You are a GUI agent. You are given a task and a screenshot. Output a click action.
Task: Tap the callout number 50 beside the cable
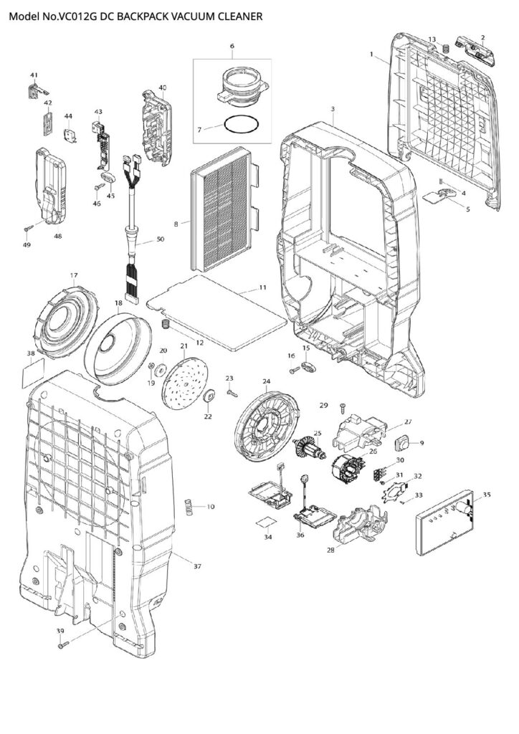160,238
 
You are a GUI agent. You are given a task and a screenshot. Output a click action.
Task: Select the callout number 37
197,566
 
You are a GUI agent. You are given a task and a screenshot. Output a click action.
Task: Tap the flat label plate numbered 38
33,373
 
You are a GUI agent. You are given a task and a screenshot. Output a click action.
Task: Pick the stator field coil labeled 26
346,471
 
